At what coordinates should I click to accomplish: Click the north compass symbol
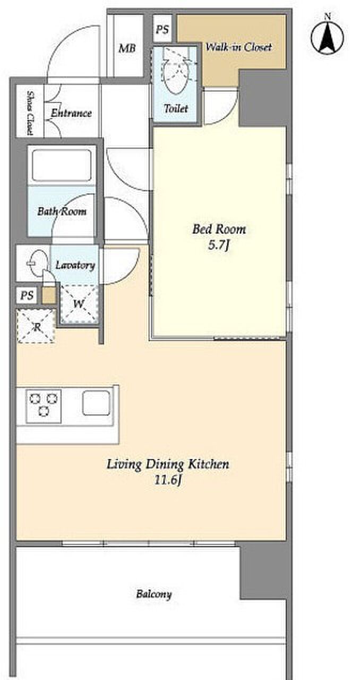point(327,37)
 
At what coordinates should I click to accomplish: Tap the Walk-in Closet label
point(238,47)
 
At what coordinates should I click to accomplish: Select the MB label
point(127,48)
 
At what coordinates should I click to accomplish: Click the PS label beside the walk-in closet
point(162,29)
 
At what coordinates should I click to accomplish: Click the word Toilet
point(176,108)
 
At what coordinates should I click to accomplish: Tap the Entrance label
point(71,113)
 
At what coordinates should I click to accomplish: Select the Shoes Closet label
point(30,113)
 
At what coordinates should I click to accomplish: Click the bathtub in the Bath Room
point(62,165)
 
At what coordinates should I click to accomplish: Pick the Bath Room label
point(62,211)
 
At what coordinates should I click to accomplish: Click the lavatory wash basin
point(38,262)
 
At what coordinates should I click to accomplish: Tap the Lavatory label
point(75,265)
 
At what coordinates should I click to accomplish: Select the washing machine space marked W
point(79,304)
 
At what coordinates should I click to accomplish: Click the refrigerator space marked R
point(37,326)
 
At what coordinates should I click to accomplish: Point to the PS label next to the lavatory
point(27,295)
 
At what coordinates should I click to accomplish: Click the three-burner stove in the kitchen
point(44,406)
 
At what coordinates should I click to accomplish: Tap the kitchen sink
point(96,403)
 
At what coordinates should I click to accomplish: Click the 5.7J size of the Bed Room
point(218,245)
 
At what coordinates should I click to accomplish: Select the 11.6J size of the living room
point(168,480)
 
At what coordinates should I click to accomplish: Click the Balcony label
point(154,594)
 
